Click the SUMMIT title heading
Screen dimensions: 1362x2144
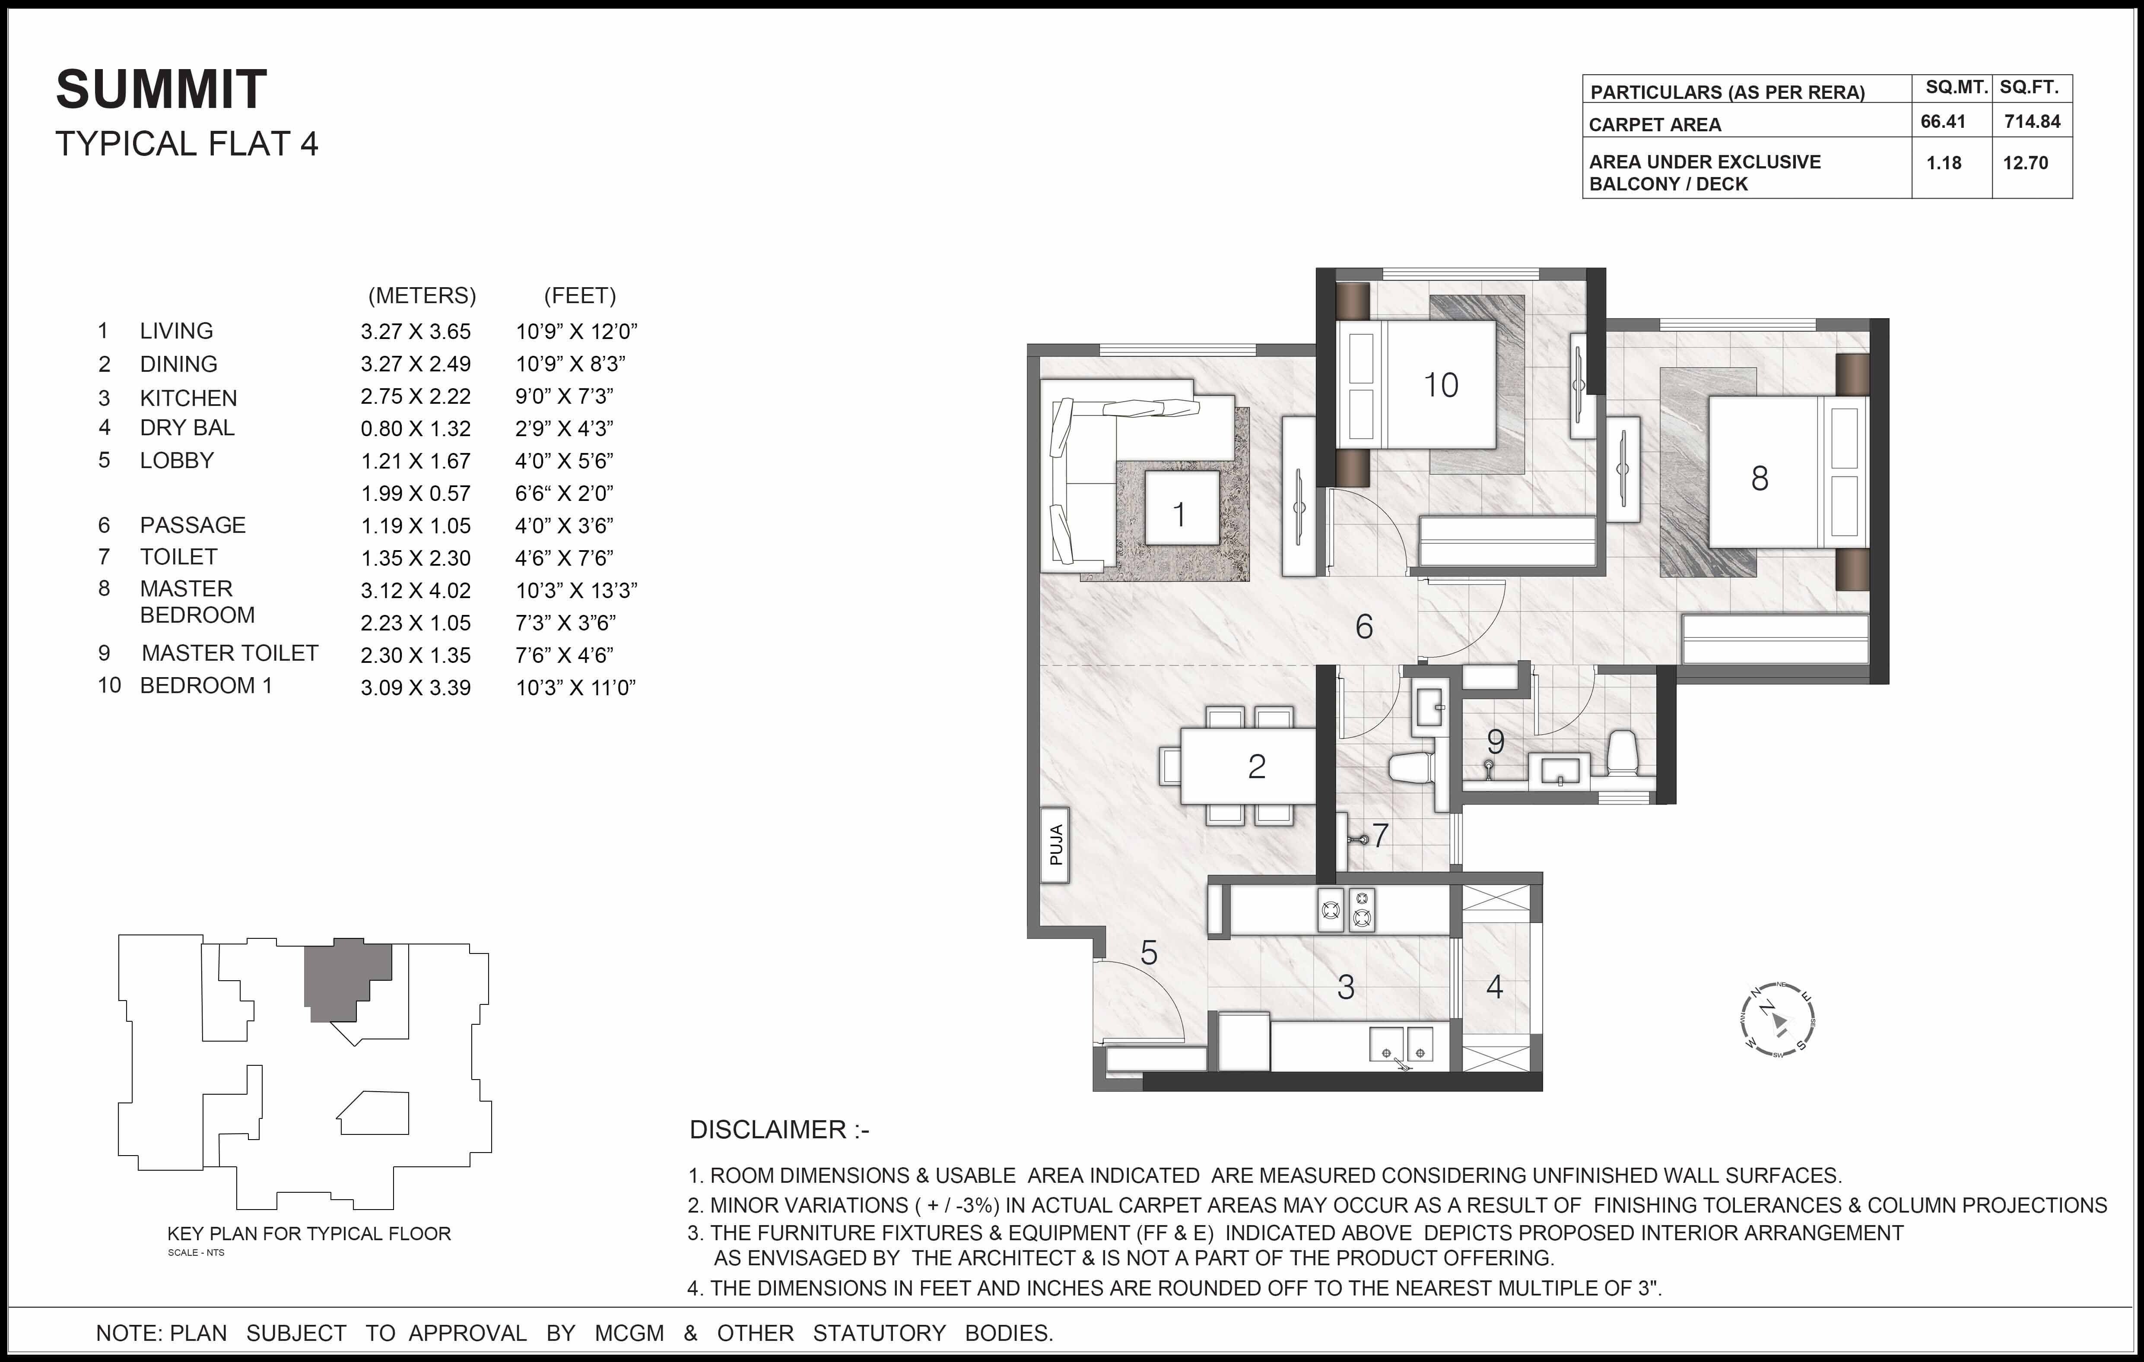pyautogui.click(x=161, y=90)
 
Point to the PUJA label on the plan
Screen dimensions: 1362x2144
pyautogui.click(x=1056, y=845)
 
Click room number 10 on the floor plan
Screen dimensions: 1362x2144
pyautogui.click(x=1440, y=386)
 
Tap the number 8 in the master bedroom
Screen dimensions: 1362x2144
pyautogui.click(x=1760, y=479)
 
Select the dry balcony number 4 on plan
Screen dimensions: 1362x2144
pyautogui.click(x=1494, y=986)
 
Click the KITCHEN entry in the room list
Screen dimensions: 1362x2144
pyautogui.click(x=188, y=398)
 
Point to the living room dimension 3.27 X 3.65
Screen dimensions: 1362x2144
pyautogui.click(x=415, y=331)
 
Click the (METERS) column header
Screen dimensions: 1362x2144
pyautogui.click(x=422, y=295)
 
